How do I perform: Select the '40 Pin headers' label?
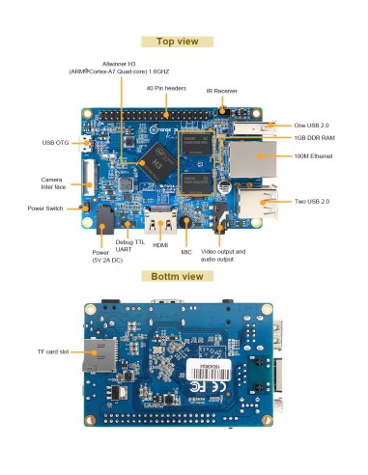[x=166, y=88]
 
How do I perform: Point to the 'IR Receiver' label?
[x=223, y=91]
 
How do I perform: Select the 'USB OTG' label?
[x=56, y=144]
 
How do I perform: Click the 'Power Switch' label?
[x=48, y=208]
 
